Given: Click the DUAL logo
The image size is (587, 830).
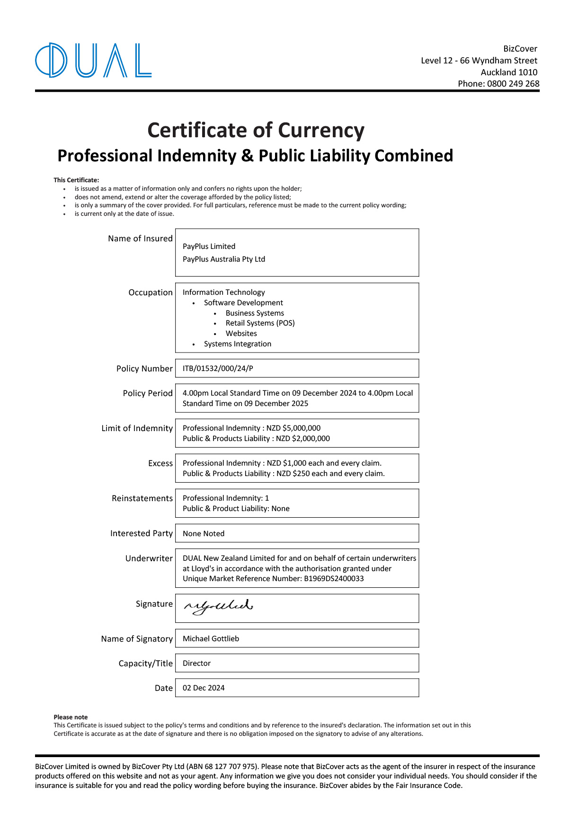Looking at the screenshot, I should [93, 60].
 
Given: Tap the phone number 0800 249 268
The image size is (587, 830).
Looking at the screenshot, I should [513, 84].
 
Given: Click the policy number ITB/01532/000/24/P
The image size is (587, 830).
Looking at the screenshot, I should [218, 369].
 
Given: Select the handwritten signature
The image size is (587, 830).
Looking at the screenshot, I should [218, 606].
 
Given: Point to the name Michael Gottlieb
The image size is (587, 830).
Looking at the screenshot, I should [211, 639].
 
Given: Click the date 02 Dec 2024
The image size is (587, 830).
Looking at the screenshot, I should [204, 688].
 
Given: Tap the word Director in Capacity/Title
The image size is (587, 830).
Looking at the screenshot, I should [196, 663].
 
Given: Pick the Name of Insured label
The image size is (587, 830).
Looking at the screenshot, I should [140, 238].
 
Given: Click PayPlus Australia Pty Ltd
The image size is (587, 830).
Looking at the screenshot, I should [224, 259].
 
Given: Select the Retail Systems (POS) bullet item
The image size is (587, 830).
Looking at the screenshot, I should [260, 323].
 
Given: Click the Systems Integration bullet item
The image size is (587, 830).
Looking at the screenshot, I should [238, 344].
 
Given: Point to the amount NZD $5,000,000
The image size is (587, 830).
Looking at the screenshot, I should [293, 428].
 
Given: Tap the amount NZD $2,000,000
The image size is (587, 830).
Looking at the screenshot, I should [303, 439].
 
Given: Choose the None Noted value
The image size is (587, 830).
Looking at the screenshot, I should [204, 534].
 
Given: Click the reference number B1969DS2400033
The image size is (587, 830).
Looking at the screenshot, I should [334, 579].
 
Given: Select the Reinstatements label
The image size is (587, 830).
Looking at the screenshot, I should [142, 498].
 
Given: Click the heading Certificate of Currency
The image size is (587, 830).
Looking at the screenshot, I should [256, 130].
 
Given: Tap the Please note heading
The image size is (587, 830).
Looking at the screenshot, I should [71, 717].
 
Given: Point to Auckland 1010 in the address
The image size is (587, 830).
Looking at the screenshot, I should [509, 72].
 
